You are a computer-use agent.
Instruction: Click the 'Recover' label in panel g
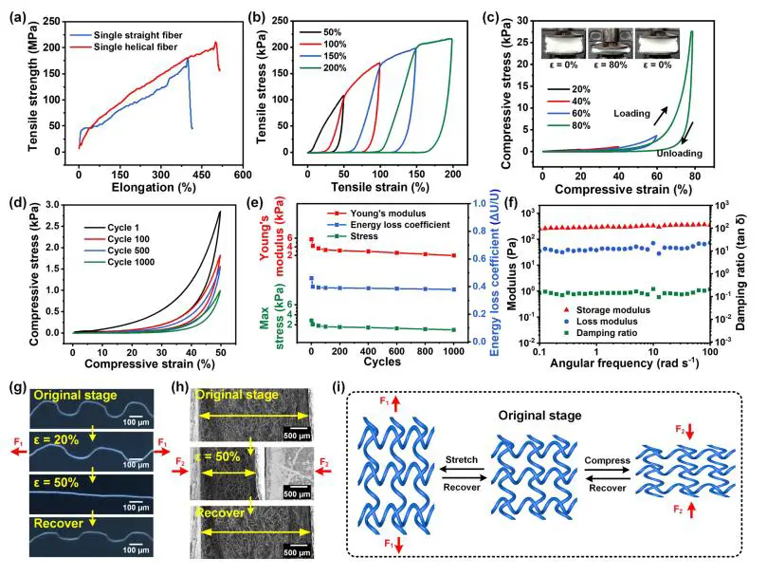click(x=59, y=548)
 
